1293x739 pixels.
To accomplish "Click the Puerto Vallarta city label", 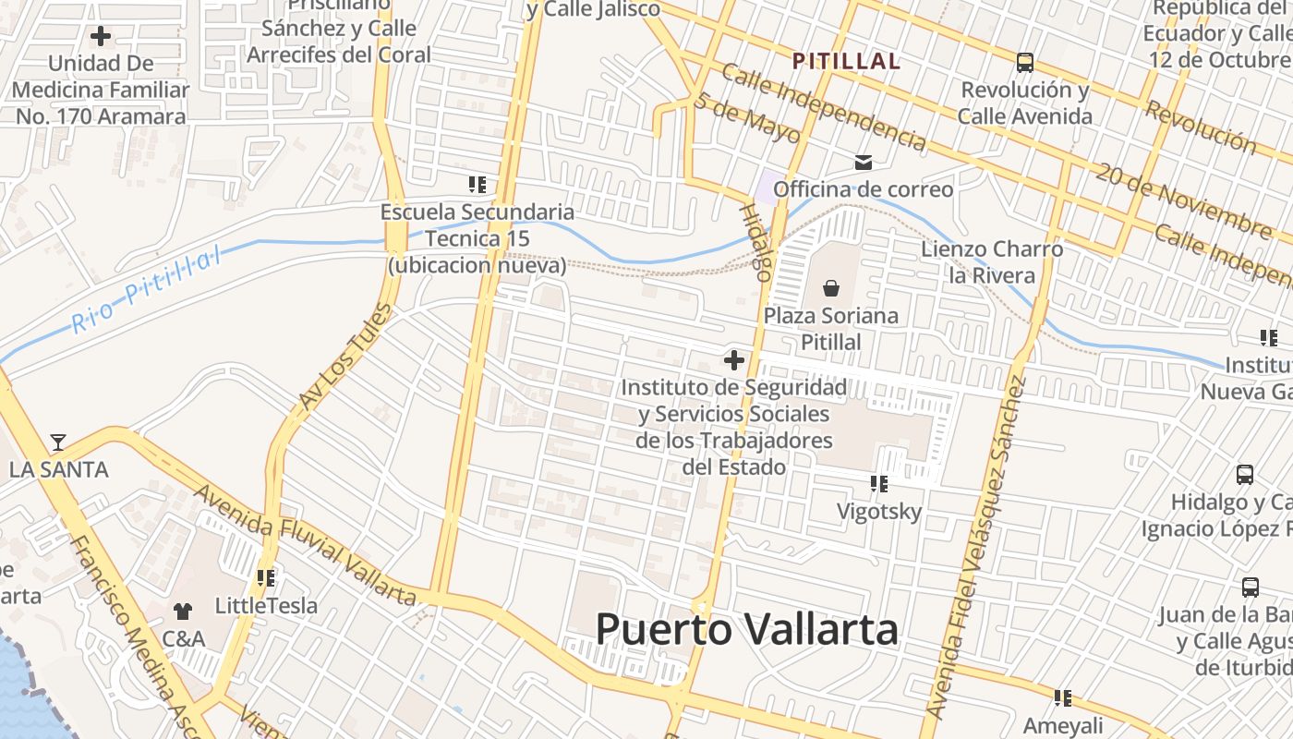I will pyautogui.click(x=746, y=630).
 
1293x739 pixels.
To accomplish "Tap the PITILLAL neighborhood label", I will pyautogui.click(x=846, y=62).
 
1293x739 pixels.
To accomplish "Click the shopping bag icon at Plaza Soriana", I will pyautogui.click(x=830, y=288).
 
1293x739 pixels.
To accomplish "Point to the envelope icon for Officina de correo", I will pyautogui.click(x=863, y=163).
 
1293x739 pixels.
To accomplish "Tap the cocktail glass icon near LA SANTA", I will pyautogui.click(x=58, y=442).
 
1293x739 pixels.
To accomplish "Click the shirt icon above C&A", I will pyautogui.click(x=183, y=611).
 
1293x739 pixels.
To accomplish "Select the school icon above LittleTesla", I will pyautogui.click(x=266, y=578).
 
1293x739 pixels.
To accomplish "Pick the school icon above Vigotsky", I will pyautogui.click(x=878, y=483).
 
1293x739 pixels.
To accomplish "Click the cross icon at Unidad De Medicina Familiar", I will pyautogui.click(x=100, y=37).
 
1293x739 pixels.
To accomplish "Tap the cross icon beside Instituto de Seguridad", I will pyautogui.click(x=734, y=359).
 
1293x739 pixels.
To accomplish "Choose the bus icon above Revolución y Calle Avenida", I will pyautogui.click(x=1024, y=63).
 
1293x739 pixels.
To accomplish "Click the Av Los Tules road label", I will pyautogui.click(x=340, y=357).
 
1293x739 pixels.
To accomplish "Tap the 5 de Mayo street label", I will pyautogui.click(x=746, y=117).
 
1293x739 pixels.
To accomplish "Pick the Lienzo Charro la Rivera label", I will pyautogui.click(x=992, y=262).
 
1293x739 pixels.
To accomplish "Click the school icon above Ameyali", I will pyautogui.click(x=1062, y=698).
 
